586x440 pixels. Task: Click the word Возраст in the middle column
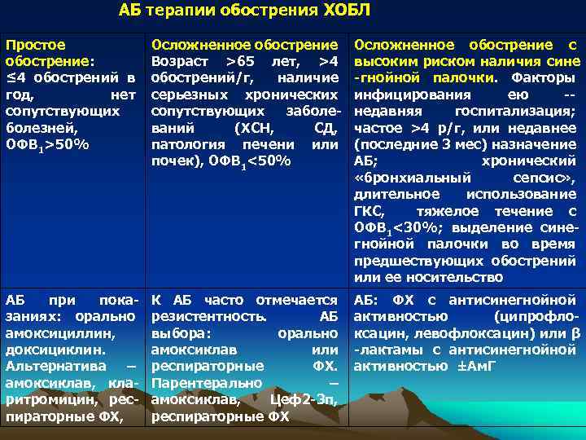coord(181,61)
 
